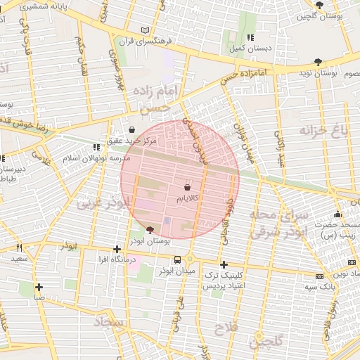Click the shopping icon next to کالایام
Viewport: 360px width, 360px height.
point(187,188)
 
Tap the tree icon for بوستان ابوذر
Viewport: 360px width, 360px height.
point(149,229)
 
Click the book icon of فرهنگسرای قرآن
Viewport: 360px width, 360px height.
point(146,31)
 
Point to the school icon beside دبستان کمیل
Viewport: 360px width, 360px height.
point(250,37)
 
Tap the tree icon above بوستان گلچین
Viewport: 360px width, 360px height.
point(320,5)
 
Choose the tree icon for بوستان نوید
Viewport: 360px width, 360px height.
point(319,62)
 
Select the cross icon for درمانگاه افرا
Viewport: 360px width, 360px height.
point(117,249)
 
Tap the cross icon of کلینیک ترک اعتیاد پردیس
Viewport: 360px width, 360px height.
point(224,265)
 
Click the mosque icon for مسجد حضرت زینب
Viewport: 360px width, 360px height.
point(338,214)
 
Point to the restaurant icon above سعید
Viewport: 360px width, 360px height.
point(19,247)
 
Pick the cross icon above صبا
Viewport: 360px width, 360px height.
point(39,287)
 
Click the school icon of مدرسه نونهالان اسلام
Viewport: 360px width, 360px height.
point(95,147)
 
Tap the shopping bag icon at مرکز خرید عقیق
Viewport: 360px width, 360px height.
point(132,129)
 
